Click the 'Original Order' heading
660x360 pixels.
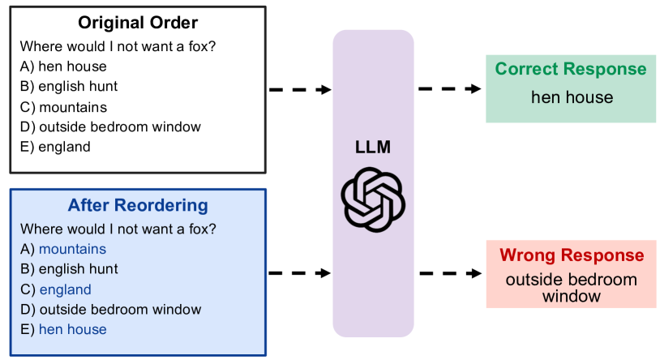coord(137,23)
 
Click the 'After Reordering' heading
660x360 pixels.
coord(137,205)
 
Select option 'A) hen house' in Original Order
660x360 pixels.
coord(63,66)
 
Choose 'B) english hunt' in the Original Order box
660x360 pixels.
coord(69,87)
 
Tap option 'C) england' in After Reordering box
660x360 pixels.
coord(55,289)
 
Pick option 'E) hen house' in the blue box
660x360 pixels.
coord(63,329)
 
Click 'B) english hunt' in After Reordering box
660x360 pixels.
coord(69,269)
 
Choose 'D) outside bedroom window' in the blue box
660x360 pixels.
coord(110,309)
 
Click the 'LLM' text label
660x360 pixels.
coord(372,148)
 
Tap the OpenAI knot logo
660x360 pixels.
coord(372,199)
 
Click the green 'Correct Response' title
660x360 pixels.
coord(571,70)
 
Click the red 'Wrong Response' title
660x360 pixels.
coord(572,255)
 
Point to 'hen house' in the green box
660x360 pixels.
coord(572,98)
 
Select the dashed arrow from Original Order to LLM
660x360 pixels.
coord(299,89)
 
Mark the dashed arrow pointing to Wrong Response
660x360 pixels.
coord(449,273)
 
